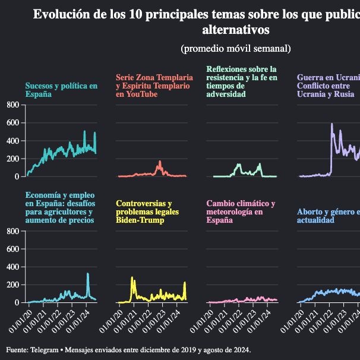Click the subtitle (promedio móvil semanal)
coord(235,48)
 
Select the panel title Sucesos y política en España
coord(61,90)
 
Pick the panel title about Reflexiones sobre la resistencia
coord(242,81)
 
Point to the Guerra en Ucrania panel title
coord(329,86)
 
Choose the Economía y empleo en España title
coord(59,208)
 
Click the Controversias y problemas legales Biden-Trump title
coord(147,211)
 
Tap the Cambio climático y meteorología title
coord(241,211)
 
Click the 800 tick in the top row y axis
coord(13,105)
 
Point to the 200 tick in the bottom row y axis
coord(13,285)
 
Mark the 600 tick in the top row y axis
coord(13,123)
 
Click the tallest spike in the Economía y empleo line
coord(88,274)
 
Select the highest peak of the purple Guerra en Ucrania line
coord(331,124)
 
